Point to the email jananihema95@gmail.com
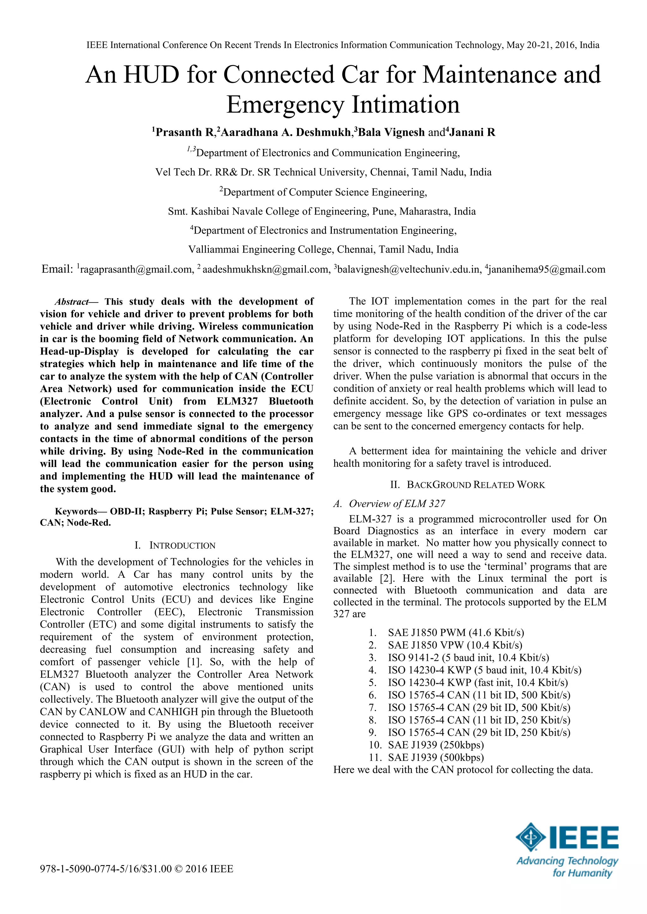click(547, 270)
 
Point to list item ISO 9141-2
click(468, 658)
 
